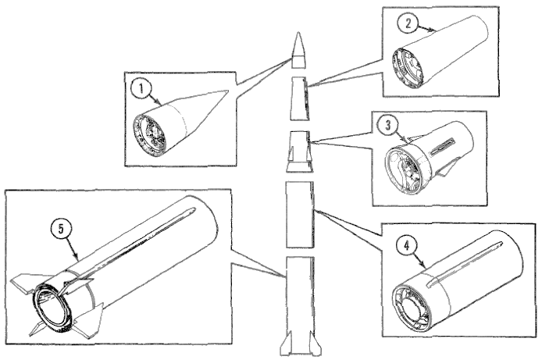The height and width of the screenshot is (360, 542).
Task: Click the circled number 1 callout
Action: [141, 88]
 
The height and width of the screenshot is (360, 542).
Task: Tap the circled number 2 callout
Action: [408, 24]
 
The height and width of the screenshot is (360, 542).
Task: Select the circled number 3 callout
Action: [388, 125]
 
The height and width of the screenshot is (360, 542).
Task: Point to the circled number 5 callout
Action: [61, 230]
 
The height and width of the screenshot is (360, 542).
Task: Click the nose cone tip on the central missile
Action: [298, 33]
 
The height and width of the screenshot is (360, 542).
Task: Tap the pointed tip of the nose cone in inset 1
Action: [227, 91]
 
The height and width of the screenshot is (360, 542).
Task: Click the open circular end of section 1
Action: [150, 136]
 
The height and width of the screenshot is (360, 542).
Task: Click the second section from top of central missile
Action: [299, 98]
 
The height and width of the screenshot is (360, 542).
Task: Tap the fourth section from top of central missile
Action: [299, 214]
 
